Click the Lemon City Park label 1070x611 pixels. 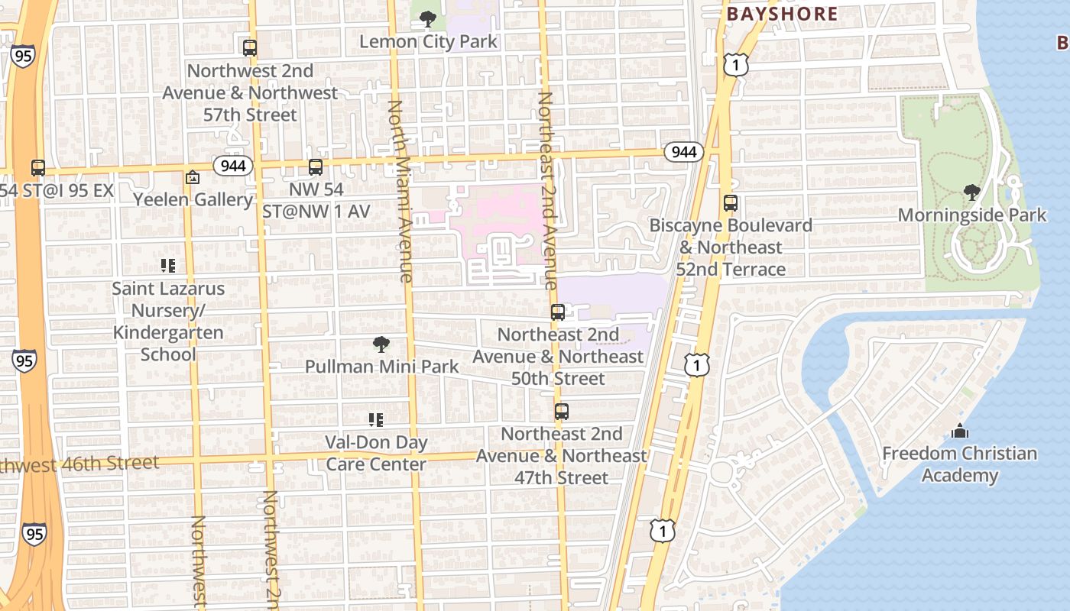click(428, 41)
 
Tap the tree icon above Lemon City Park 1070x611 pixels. click(428, 18)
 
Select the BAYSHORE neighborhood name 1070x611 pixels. click(782, 14)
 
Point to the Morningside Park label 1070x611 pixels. click(971, 215)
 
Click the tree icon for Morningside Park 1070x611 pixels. click(971, 192)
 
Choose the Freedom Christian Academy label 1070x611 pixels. click(959, 464)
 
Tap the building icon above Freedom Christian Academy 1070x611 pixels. click(960, 432)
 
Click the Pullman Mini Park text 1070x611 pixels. click(382, 367)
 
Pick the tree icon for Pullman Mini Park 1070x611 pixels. click(381, 344)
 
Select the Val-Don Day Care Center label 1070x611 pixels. click(376, 453)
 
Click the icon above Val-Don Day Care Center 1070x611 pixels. click(376, 419)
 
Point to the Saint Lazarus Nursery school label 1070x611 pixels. click(168, 322)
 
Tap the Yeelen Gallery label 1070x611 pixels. click(193, 199)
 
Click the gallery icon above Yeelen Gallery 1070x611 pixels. click(193, 177)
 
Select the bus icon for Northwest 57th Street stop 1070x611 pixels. click(250, 48)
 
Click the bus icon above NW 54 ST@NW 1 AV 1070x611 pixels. click(316, 167)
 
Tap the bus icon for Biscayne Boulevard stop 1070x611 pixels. click(731, 203)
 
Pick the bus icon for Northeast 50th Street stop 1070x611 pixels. click(558, 312)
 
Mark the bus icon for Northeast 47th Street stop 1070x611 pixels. click(562, 412)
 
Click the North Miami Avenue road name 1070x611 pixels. click(400, 191)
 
